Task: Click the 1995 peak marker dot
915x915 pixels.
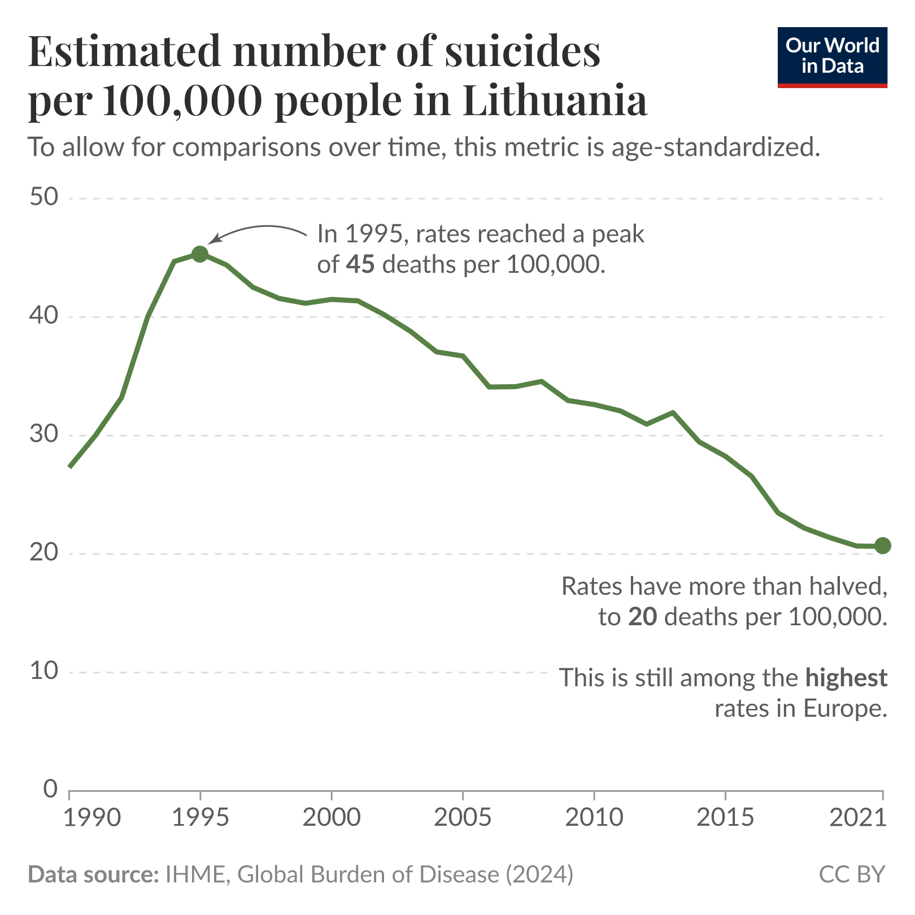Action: [x=199, y=254]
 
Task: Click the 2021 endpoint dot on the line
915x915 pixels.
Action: [x=883, y=546]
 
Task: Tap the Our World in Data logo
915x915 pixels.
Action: [x=832, y=57]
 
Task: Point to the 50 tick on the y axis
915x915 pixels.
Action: [x=44, y=198]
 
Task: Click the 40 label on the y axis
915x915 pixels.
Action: [x=44, y=316]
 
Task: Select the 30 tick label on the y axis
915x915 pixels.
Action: [x=44, y=435]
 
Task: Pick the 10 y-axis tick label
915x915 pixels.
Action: [x=44, y=672]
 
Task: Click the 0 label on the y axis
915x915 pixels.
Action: [x=51, y=790]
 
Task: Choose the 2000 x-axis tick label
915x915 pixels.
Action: [x=331, y=817]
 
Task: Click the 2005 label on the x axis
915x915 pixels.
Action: [x=463, y=817]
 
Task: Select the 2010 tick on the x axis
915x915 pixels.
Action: [x=594, y=817]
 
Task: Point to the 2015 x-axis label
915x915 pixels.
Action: [x=725, y=817]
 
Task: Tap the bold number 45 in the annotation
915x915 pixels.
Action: [x=360, y=264]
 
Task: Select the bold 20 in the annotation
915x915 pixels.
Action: [x=642, y=617]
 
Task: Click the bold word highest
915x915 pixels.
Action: [x=846, y=677]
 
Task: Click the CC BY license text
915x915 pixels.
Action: [x=852, y=874]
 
